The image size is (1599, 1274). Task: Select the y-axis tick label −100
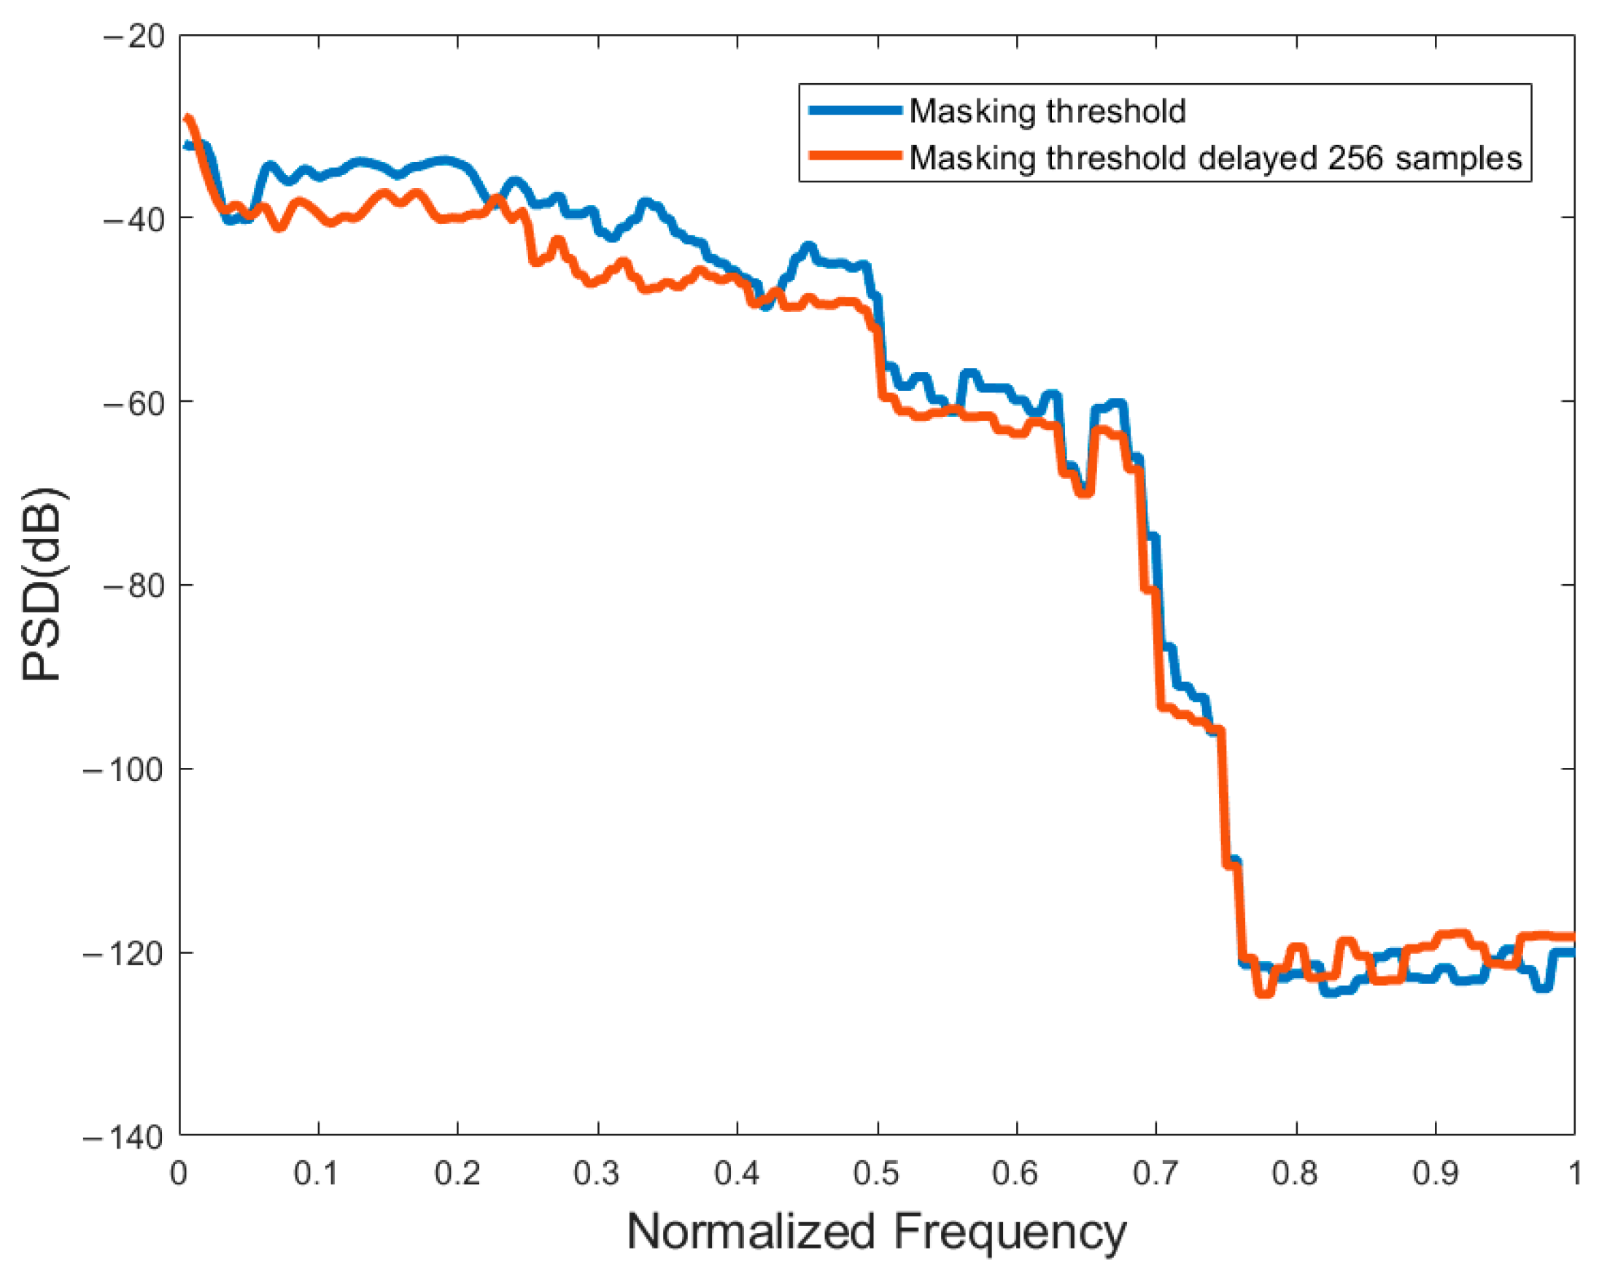point(124,769)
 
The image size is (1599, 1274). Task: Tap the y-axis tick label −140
point(124,1136)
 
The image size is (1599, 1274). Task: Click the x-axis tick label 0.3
point(597,1173)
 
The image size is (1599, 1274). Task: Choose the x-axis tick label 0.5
point(877,1173)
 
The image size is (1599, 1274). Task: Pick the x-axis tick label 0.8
point(1295,1173)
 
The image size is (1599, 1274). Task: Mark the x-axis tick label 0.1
point(317,1173)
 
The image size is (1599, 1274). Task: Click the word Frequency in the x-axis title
point(1010,1232)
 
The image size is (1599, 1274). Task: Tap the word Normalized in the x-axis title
point(751,1232)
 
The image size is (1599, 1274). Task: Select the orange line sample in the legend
point(854,156)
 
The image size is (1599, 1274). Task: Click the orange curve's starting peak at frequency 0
point(187,119)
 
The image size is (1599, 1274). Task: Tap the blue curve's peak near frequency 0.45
point(808,246)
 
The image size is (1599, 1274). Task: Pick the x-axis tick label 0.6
point(1015,1173)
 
